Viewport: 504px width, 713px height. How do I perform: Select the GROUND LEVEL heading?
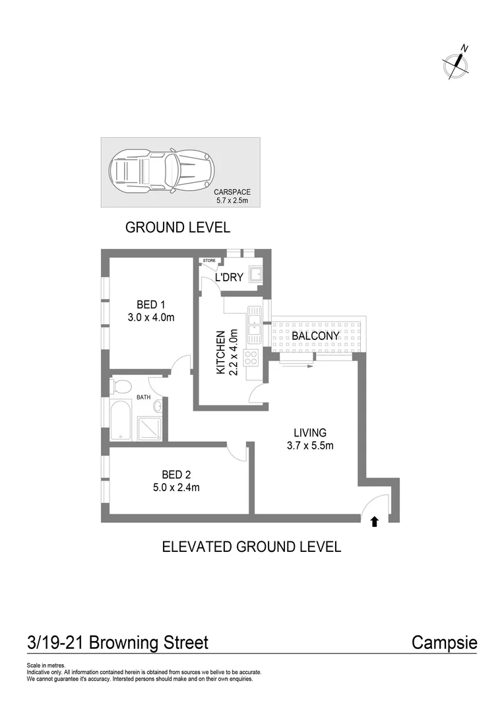point(177,228)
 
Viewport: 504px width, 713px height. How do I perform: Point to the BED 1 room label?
point(151,304)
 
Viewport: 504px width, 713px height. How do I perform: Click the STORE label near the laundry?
point(209,261)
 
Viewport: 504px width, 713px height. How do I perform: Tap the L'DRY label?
point(230,277)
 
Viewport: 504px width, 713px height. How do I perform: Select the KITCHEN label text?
point(222,353)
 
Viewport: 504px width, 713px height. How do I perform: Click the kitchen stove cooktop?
point(252,357)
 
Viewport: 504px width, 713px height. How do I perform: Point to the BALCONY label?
point(315,336)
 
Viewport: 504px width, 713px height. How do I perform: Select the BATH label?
point(144,397)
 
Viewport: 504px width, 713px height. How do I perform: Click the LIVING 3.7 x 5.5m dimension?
point(311,445)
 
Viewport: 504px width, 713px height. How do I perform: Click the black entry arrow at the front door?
point(375,522)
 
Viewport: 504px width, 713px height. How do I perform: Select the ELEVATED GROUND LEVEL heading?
point(251,547)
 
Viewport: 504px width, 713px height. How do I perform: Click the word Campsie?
point(444,642)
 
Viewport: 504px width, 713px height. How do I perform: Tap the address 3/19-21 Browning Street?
point(117,642)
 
